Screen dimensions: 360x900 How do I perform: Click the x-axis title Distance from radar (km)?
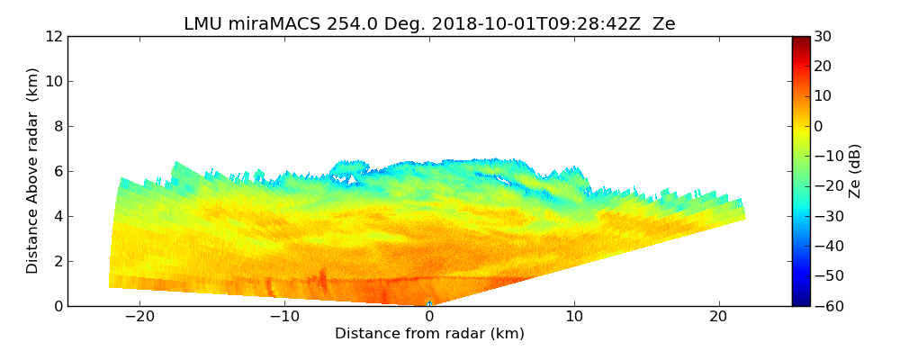point(429,334)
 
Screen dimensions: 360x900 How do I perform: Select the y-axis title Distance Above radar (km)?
point(33,171)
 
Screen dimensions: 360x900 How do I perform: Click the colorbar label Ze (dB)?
point(855,171)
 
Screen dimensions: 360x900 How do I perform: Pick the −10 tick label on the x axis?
point(284,317)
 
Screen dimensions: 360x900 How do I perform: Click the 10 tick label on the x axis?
point(574,317)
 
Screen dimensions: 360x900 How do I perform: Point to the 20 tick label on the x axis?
point(719,317)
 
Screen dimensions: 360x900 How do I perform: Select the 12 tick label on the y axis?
point(53,36)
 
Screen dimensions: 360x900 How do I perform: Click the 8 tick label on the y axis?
point(58,126)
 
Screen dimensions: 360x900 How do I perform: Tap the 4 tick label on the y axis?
point(58,216)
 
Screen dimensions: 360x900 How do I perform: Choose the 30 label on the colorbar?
point(823,36)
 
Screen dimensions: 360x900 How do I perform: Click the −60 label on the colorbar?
point(825,306)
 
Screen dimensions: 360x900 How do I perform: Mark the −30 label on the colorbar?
point(825,216)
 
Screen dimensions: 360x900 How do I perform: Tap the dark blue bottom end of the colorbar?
point(800,302)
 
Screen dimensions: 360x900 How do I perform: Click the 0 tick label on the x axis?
point(429,317)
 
